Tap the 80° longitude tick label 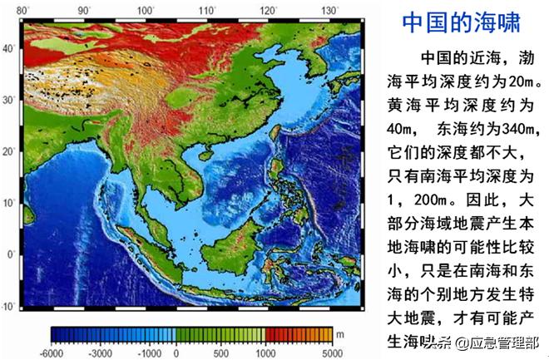(22, 10)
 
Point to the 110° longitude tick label (207, 10)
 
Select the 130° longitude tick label (330, 10)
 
